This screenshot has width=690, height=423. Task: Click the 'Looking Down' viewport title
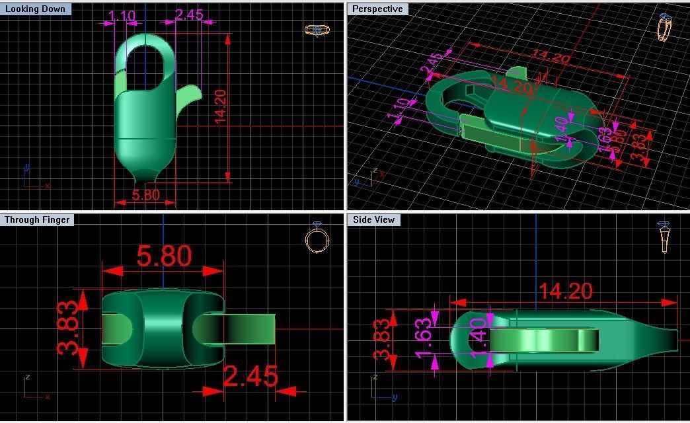pyautogui.click(x=35, y=9)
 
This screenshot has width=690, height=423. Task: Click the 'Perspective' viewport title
pyautogui.click(x=377, y=9)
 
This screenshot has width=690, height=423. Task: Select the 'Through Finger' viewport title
pyautogui.click(x=37, y=219)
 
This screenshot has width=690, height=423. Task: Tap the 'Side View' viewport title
pyautogui.click(x=373, y=219)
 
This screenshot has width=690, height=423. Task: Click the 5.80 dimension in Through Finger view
pyautogui.click(x=164, y=256)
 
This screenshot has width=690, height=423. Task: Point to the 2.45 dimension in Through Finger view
pyautogui.click(x=250, y=376)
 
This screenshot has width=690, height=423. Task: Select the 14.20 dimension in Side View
pyautogui.click(x=565, y=291)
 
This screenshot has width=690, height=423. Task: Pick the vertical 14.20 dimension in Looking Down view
pyautogui.click(x=220, y=106)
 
